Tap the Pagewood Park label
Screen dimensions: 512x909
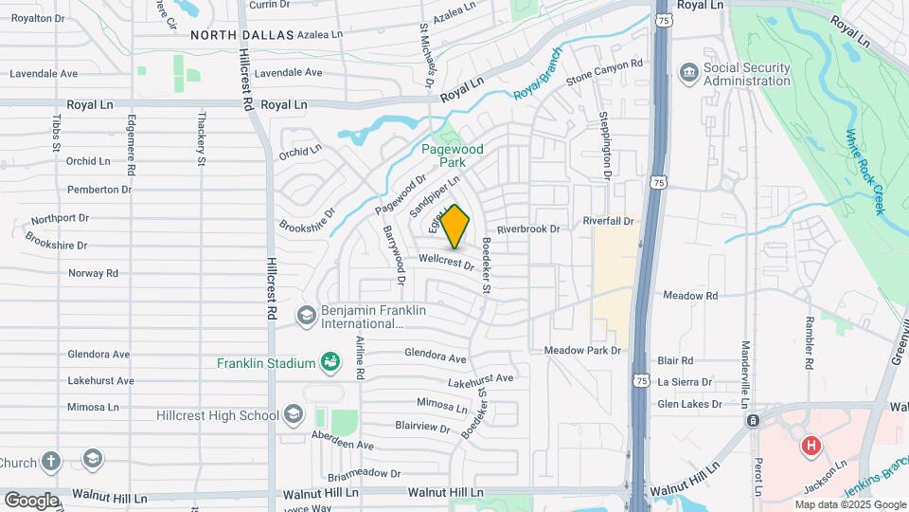(453, 155)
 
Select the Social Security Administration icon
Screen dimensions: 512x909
(689, 72)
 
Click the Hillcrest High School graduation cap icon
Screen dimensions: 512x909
(294, 413)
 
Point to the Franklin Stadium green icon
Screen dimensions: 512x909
(330, 361)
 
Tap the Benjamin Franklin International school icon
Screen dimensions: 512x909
(306, 315)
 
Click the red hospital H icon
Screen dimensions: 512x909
(810, 445)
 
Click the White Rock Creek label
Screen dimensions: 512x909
(864, 172)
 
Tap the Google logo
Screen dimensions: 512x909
(31, 500)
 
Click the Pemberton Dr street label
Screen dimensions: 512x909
(99, 190)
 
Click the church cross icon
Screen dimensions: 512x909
(51, 462)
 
